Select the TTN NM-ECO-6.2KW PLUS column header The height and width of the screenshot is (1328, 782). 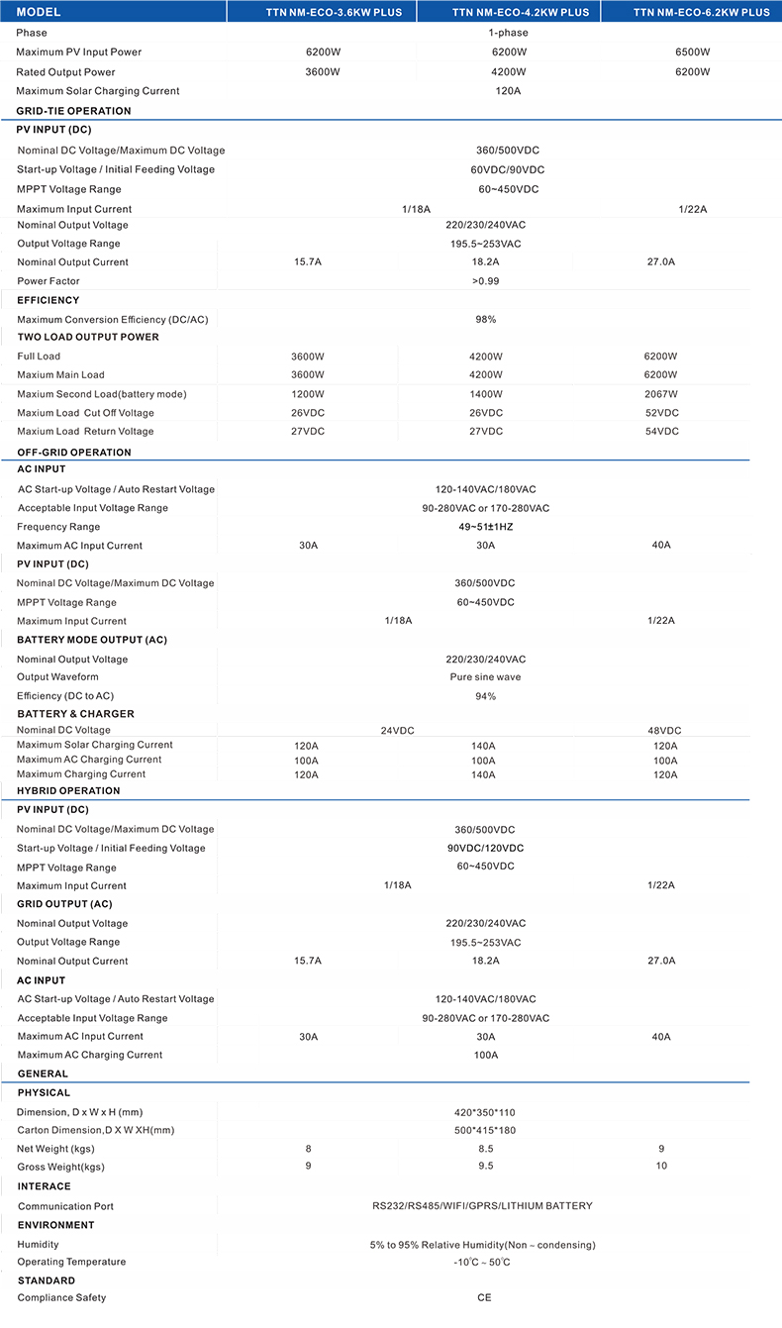(701, 12)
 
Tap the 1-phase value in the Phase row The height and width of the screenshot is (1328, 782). (508, 33)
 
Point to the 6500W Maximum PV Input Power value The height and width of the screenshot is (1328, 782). (693, 51)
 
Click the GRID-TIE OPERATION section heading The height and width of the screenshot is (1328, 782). (73, 111)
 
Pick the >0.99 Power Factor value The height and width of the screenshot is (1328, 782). (485, 281)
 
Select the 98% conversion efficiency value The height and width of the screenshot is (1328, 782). (485, 320)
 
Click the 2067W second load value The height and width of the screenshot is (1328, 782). (660, 394)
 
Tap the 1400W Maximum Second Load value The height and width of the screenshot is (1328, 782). (485, 394)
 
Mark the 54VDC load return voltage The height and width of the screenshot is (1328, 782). (661, 432)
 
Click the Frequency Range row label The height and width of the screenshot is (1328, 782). (58, 527)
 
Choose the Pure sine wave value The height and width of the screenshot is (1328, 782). (485, 677)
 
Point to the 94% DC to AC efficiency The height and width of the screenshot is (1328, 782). (485, 696)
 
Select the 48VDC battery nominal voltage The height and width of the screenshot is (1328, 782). (663, 730)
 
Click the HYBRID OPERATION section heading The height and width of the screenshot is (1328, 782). (68, 791)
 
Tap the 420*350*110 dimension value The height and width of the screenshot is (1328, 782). (485, 1112)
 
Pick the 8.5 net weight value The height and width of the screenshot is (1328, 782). (485, 1149)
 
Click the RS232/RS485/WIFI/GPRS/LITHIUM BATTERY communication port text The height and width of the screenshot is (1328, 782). (482, 1206)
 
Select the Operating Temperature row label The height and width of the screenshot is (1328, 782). (71, 1262)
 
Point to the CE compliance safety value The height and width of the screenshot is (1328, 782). (484, 1297)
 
